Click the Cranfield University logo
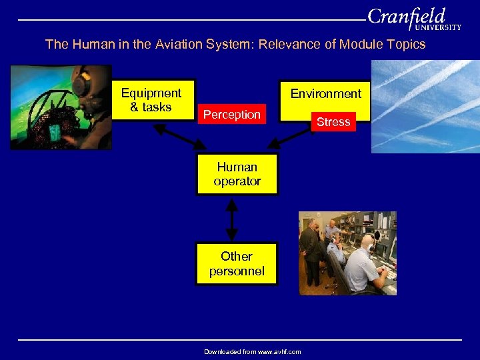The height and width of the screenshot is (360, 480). click(413, 19)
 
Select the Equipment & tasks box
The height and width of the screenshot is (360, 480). click(151, 100)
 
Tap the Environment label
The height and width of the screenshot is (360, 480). click(325, 94)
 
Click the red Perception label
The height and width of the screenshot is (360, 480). click(232, 115)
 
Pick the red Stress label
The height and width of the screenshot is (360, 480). click(333, 122)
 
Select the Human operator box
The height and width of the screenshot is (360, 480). click(237, 174)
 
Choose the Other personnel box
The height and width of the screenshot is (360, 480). click(237, 263)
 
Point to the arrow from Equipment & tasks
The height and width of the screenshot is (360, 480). click(180, 136)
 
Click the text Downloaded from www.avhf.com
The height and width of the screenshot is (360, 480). click(253, 351)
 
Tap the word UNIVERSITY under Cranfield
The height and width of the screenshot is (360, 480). click(437, 27)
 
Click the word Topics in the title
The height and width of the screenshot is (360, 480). click(405, 45)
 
